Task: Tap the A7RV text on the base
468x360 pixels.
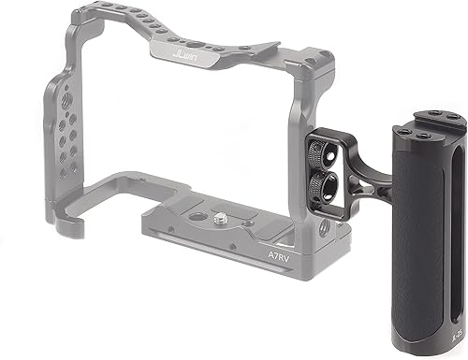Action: pos(272,252)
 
